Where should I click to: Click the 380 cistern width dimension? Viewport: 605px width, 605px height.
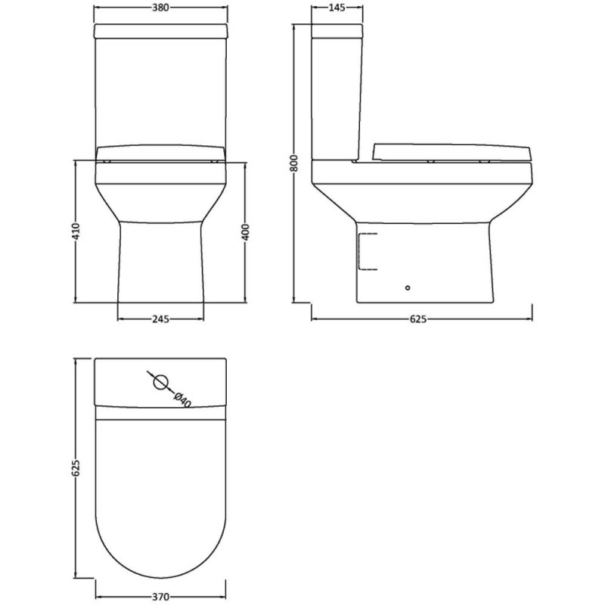(x=160, y=9)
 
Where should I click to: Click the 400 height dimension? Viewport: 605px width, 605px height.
(x=245, y=231)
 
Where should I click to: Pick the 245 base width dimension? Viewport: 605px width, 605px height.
(x=160, y=318)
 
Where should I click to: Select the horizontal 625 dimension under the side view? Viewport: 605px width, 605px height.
(x=419, y=318)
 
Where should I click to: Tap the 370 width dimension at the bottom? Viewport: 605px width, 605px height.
(x=160, y=596)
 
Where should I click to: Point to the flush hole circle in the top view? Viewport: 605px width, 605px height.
(x=160, y=382)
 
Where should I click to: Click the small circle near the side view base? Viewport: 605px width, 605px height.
(x=408, y=287)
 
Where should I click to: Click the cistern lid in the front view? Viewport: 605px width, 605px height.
(x=160, y=31)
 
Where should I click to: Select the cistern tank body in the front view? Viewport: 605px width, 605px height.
(x=160, y=91)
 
